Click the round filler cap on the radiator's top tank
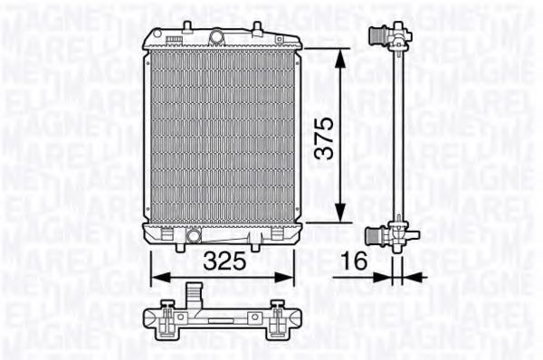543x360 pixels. point(216,36)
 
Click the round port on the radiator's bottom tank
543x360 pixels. point(193,237)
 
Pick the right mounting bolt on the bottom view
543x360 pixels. point(278,317)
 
